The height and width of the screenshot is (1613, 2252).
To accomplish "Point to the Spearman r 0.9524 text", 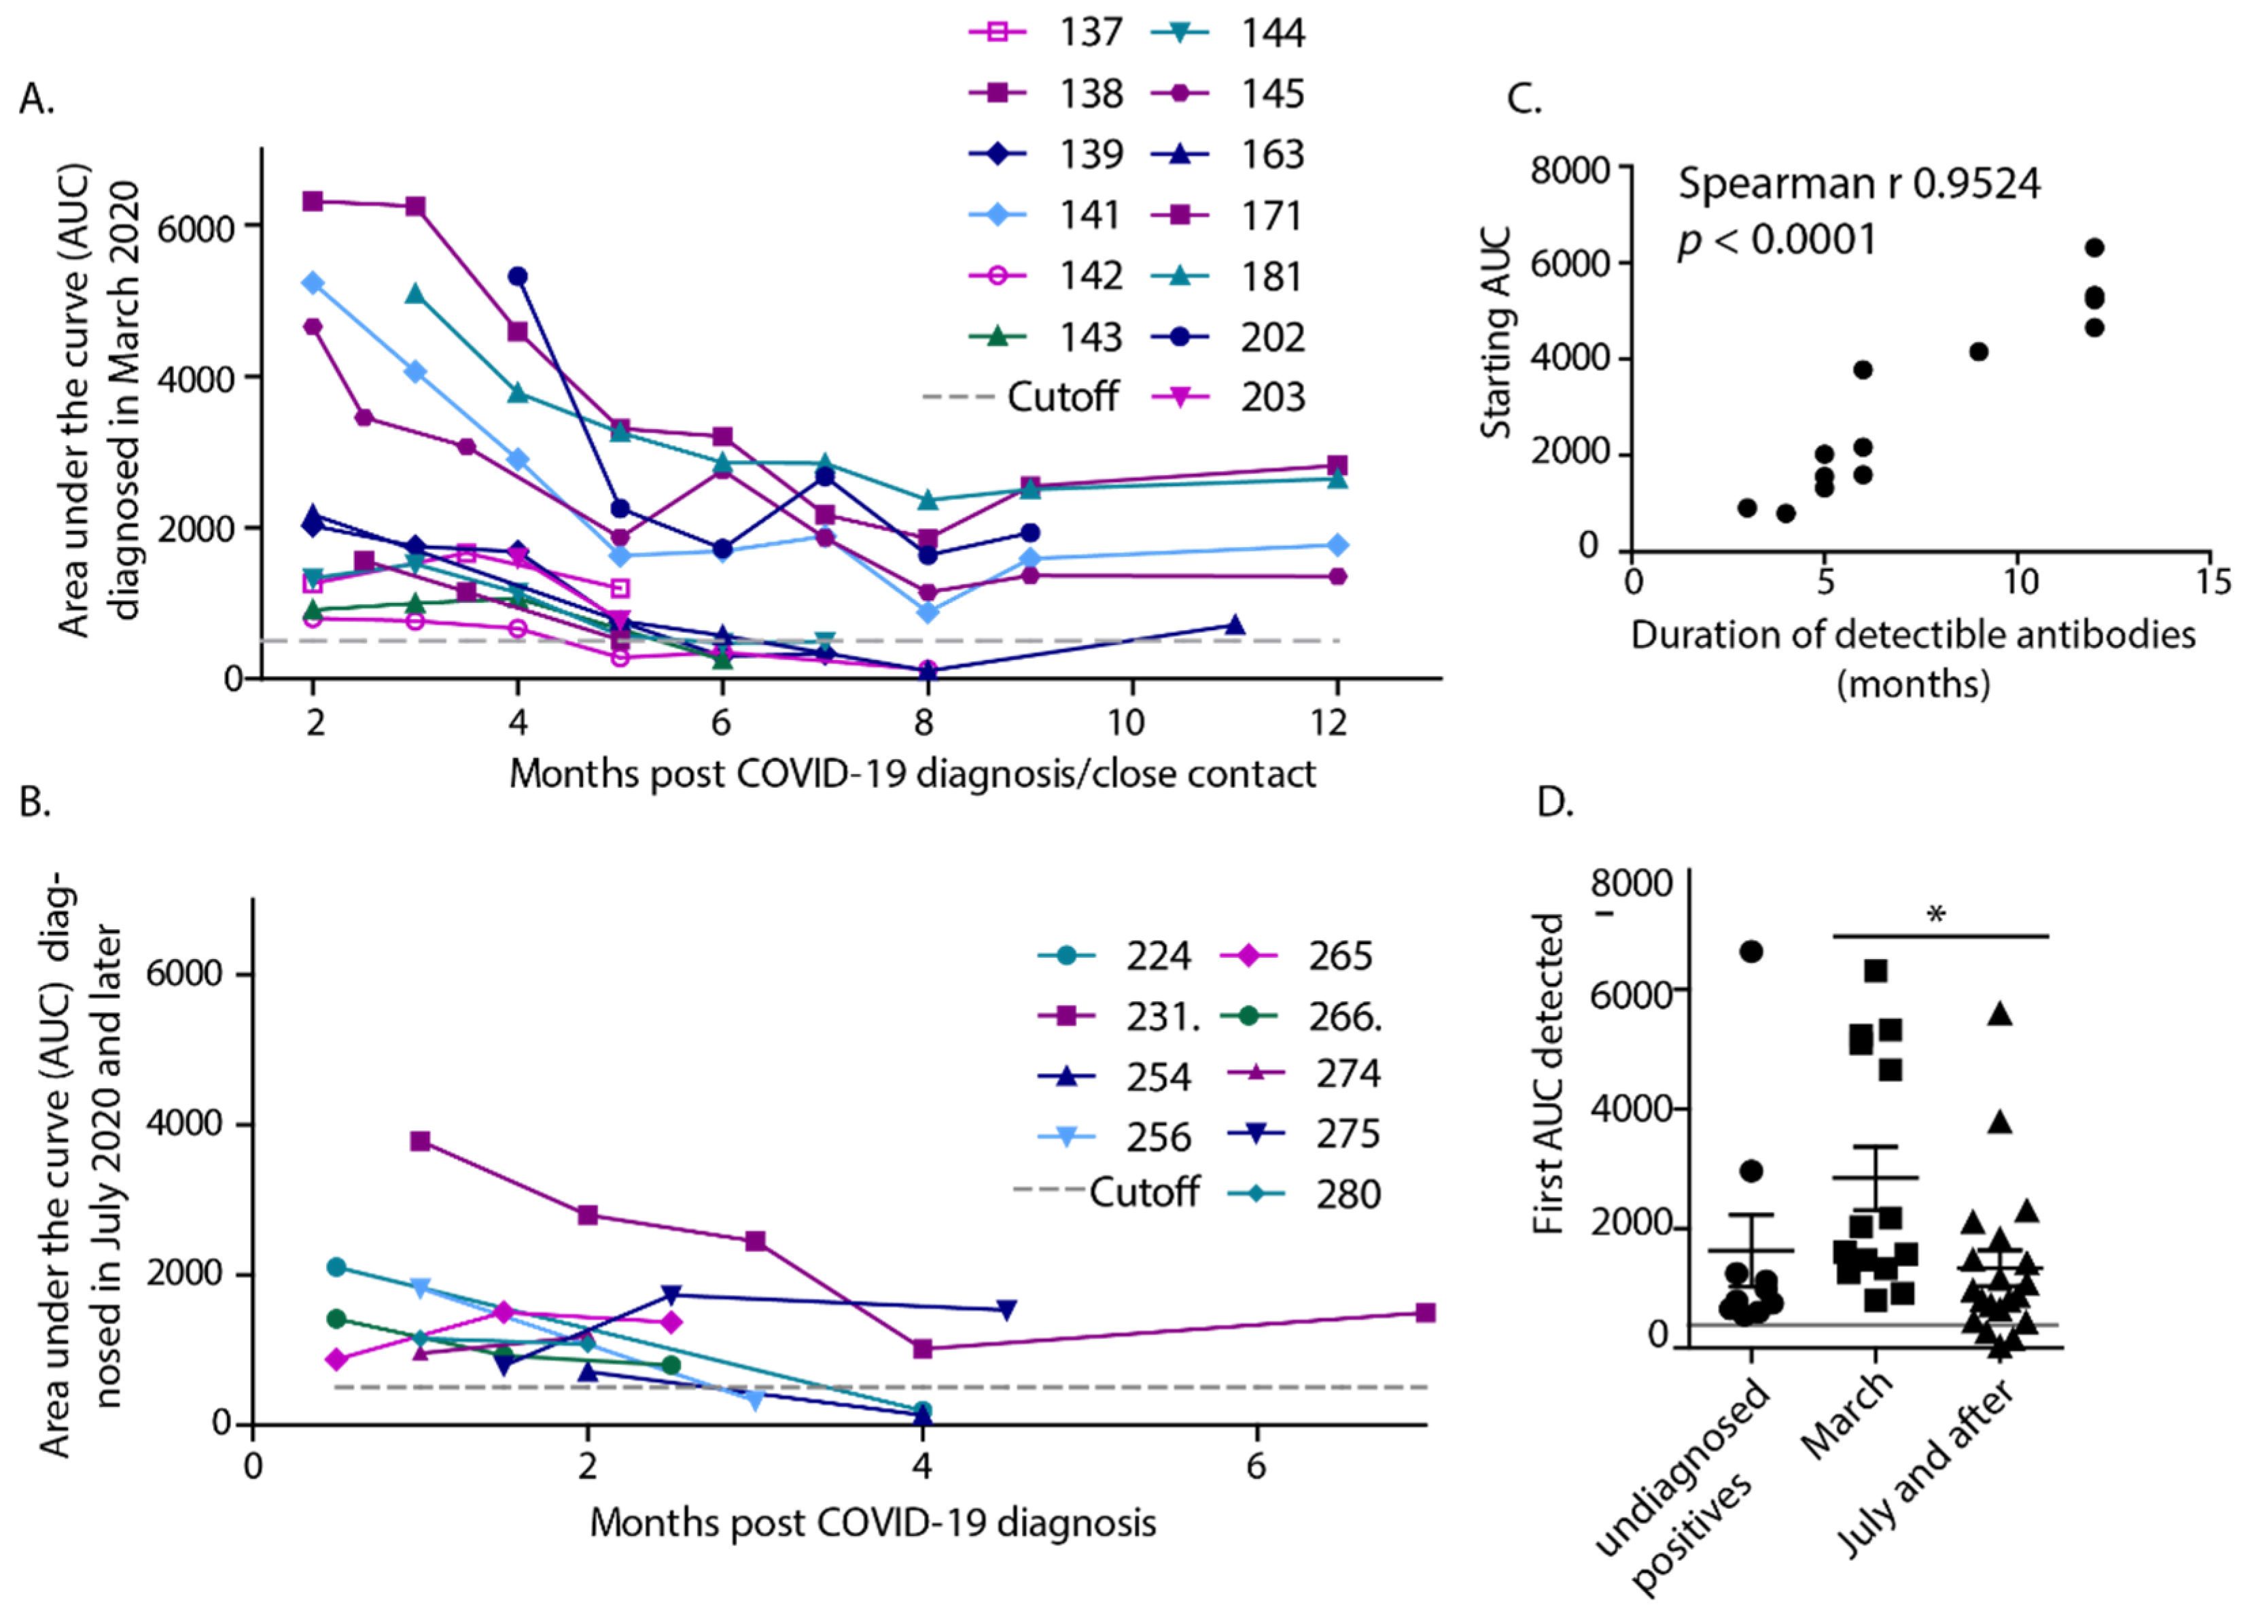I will point(1859,184).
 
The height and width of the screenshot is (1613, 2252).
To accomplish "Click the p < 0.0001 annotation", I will point(1778,241).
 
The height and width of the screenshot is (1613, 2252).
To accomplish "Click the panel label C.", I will point(1524,99).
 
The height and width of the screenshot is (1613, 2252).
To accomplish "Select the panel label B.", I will point(35,801).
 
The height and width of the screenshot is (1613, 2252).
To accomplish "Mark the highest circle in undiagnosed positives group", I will point(1752,952).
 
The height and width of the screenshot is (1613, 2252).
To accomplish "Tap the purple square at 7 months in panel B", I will point(1425,1313).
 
